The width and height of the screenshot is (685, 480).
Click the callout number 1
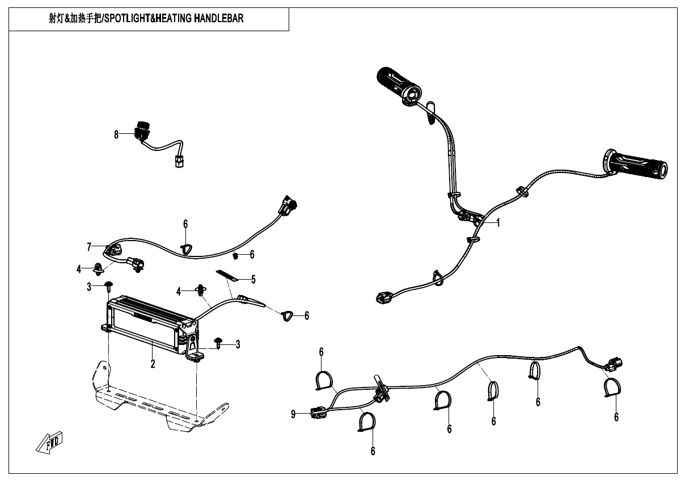coord(498,222)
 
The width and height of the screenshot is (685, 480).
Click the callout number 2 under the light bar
coord(153,364)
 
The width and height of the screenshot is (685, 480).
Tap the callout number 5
coord(253,279)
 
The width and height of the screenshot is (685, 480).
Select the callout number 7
coord(89,247)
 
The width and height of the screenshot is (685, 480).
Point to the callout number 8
coord(116,134)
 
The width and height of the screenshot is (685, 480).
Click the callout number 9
coord(293,414)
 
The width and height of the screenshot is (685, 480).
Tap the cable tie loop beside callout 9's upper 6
coord(324,381)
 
